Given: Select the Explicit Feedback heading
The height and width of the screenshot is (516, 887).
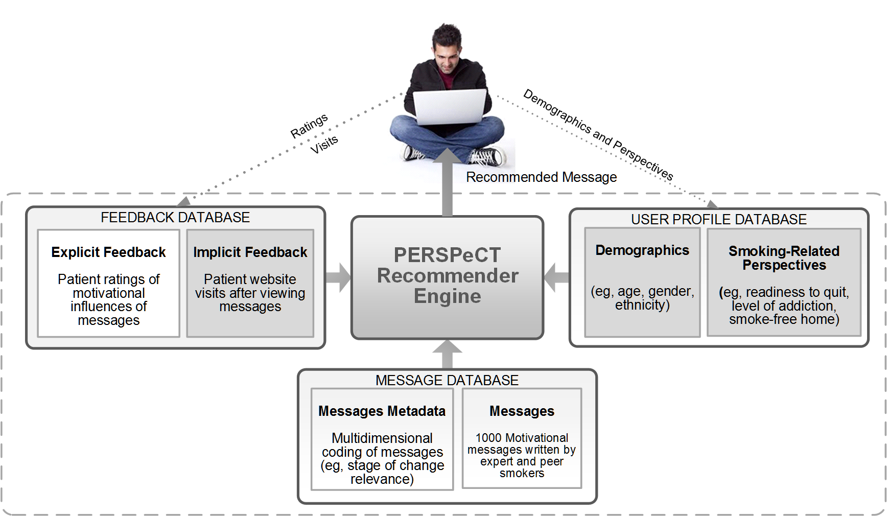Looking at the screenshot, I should (108, 252).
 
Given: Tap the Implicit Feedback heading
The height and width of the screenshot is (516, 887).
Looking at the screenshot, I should (250, 252).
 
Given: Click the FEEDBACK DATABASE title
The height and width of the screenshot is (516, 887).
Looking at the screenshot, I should (175, 218).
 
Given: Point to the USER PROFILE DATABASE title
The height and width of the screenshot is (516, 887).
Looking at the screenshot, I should (718, 220).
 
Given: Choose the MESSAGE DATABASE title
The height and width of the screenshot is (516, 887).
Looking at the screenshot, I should (447, 381).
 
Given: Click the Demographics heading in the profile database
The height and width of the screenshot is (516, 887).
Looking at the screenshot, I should (642, 250).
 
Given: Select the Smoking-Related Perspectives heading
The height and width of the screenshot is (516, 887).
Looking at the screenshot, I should (784, 258).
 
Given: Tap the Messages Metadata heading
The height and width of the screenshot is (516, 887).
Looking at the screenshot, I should (382, 411).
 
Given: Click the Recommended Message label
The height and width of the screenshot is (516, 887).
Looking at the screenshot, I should (541, 177).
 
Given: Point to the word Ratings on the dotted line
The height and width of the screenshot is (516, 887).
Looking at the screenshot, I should (309, 126).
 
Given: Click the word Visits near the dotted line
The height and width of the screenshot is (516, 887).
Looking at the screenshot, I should (324, 145).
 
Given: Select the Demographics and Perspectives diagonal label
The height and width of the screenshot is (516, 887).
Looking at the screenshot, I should (598, 134).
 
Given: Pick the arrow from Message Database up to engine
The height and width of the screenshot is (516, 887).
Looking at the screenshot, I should (447, 354).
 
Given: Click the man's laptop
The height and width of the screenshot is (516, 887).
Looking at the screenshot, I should (450, 107).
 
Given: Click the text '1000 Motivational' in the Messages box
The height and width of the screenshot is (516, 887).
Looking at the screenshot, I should (522, 438).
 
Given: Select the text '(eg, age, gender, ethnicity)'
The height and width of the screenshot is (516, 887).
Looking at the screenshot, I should (642, 298).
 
